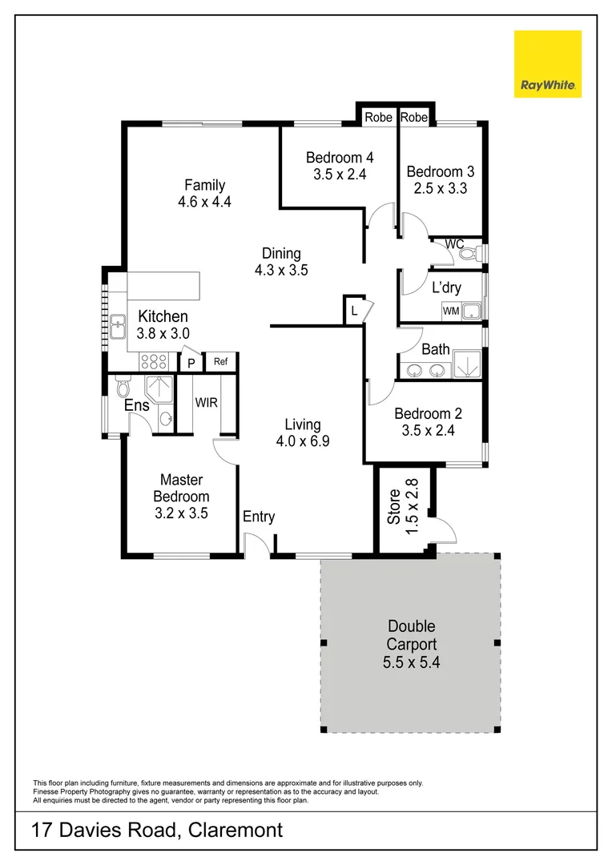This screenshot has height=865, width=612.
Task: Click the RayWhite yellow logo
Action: click(548, 64)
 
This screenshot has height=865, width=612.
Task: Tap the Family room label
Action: click(205, 185)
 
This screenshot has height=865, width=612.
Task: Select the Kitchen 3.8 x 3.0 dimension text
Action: click(163, 334)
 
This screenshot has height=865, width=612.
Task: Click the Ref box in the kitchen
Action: click(220, 362)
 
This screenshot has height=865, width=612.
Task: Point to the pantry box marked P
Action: click(191, 364)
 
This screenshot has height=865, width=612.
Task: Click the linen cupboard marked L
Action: click(353, 311)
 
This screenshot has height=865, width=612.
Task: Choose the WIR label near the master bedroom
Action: click(207, 402)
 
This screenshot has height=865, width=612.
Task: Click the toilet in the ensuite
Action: click(123, 388)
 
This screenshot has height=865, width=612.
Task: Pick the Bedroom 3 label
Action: click(440, 171)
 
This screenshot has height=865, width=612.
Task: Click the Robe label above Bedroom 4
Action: click(378, 118)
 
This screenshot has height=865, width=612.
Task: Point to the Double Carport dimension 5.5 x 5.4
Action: click(412, 662)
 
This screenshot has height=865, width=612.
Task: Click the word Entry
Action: click(259, 517)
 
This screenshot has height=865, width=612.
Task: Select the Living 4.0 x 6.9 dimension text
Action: click(303, 441)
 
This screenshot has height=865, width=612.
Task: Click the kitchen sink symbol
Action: click(119, 326)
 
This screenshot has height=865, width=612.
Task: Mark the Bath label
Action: click(436, 349)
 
